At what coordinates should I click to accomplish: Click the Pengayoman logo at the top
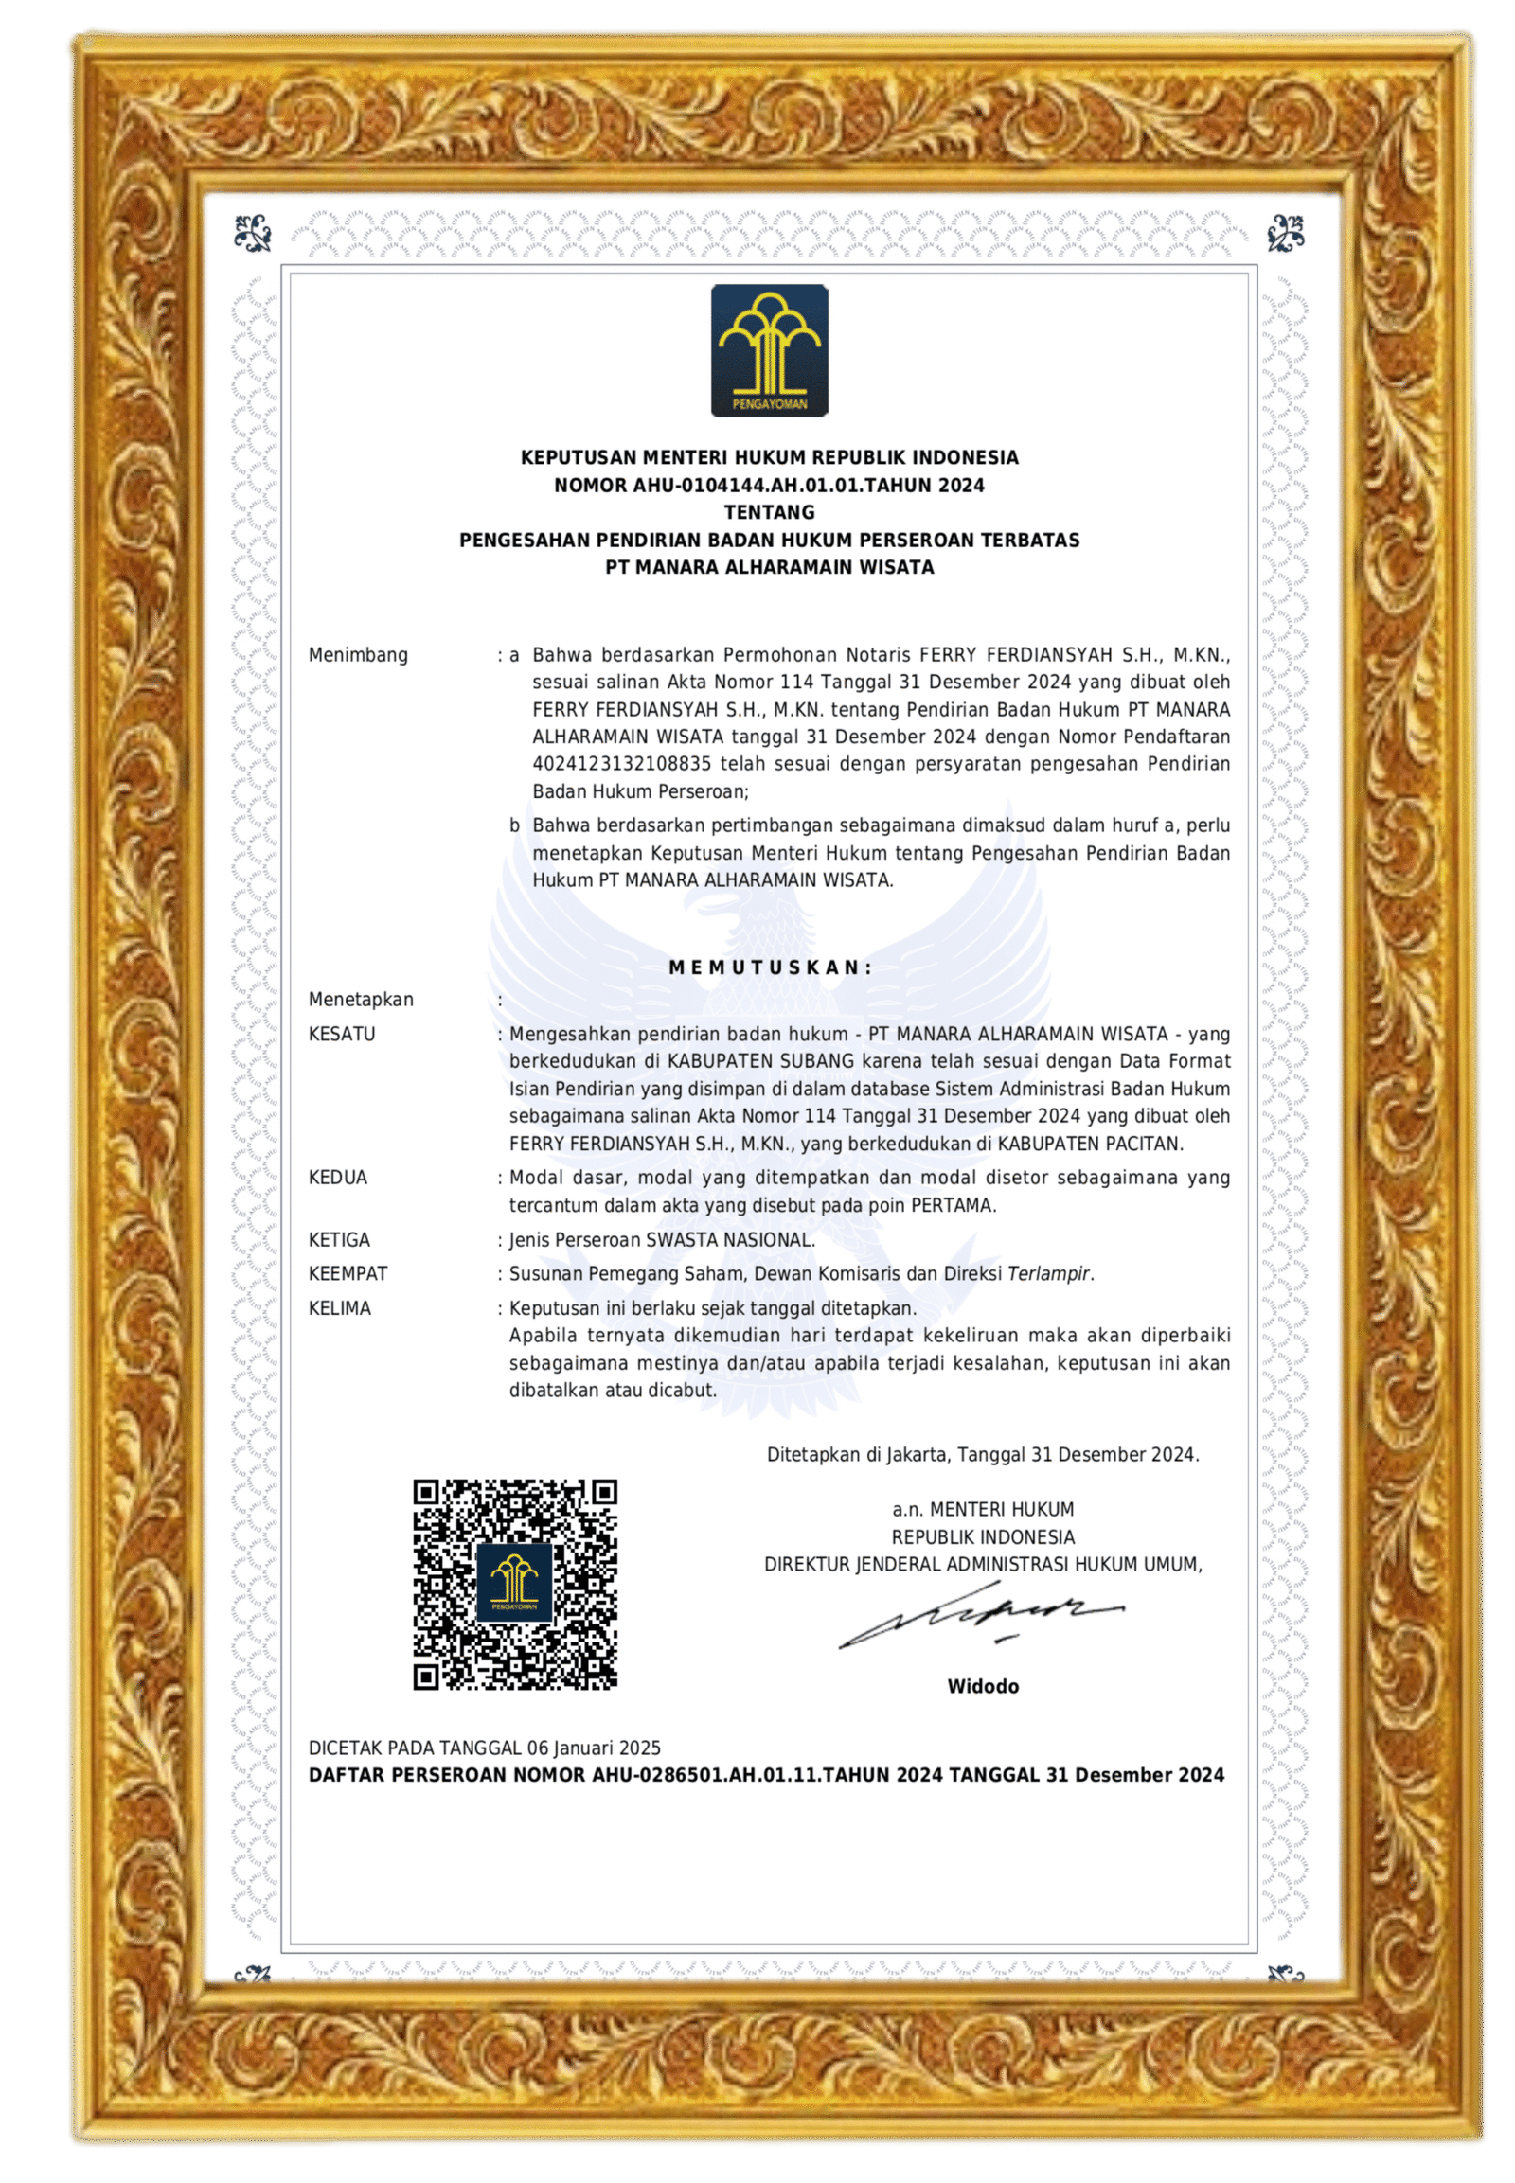click(x=769, y=350)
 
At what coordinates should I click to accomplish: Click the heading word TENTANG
click(x=769, y=512)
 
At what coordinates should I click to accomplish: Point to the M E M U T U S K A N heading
click(x=770, y=967)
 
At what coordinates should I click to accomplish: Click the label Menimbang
click(x=358, y=655)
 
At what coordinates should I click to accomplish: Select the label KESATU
click(x=342, y=1034)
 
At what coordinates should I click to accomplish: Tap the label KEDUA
click(x=338, y=1178)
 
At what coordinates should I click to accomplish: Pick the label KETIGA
click(x=339, y=1239)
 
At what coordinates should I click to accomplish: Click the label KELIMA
click(x=340, y=1308)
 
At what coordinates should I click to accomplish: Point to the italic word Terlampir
click(x=1048, y=1274)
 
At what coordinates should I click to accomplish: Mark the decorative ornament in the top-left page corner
click(x=254, y=231)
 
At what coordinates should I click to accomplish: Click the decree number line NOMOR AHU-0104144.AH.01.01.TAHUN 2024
click(x=769, y=485)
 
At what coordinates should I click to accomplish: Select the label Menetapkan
click(x=361, y=1000)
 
